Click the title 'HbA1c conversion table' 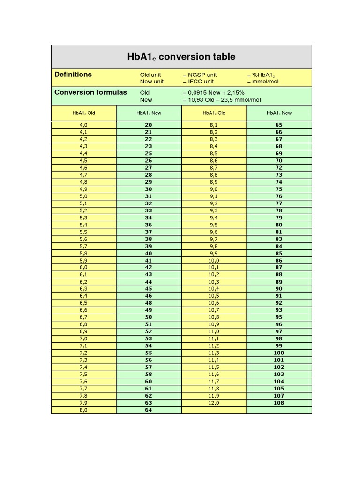[x=181, y=57]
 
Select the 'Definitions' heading [x=73, y=75]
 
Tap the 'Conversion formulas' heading [x=90, y=92]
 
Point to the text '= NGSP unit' [x=200, y=75]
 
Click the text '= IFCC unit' [x=198, y=82]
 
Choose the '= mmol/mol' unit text [x=262, y=82]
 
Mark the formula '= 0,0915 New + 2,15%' [x=213, y=93]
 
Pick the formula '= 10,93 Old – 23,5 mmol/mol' [x=222, y=100]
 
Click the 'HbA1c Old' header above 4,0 [x=84, y=113]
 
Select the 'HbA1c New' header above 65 [x=279, y=113]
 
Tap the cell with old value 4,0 [x=83, y=125]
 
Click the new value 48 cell [x=149, y=303]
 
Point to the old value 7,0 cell [x=83, y=339]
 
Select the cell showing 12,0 [x=214, y=403]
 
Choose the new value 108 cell [x=279, y=403]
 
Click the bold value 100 [x=279, y=353]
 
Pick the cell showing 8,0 [x=83, y=410]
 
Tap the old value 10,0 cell [x=214, y=261]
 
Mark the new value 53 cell [x=149, y=339]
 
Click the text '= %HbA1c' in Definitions [x=262, y=75]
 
